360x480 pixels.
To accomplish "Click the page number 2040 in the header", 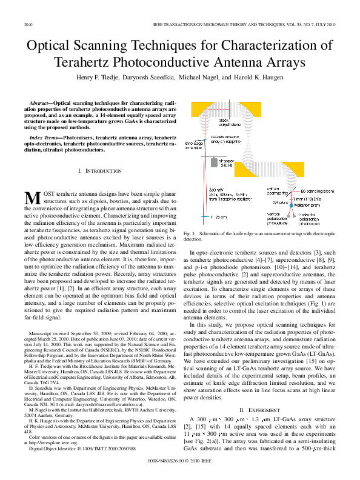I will tap(28, 24).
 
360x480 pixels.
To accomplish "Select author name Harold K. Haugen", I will tap(262, 78).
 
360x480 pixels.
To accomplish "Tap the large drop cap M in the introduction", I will tap(32, 198).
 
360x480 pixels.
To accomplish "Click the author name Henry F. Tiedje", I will tap(99, 78).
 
